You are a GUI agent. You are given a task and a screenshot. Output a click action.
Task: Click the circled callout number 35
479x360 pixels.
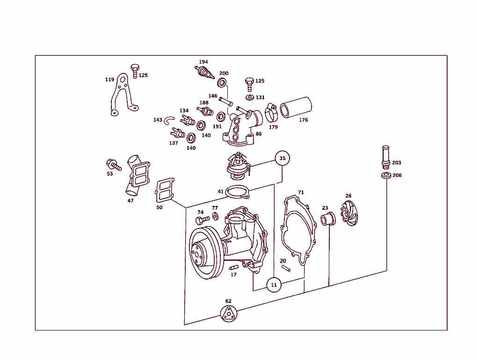click(282, 158)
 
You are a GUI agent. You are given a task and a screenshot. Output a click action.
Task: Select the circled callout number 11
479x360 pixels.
click(274, 284)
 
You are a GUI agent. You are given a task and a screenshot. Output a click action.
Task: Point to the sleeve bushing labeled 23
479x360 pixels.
click(327, 218)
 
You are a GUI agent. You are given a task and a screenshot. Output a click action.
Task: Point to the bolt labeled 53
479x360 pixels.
click(114, 165)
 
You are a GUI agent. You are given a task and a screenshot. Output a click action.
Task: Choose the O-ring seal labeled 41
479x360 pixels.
click(238, 192)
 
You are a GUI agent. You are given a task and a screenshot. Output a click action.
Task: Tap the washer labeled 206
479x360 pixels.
click(386, 176)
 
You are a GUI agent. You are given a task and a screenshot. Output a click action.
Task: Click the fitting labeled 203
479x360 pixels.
click(385, 157)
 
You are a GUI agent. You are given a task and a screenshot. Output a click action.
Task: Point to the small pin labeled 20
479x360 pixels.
click(286, 268)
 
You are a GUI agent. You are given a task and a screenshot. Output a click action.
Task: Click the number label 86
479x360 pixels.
click(259, 134)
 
